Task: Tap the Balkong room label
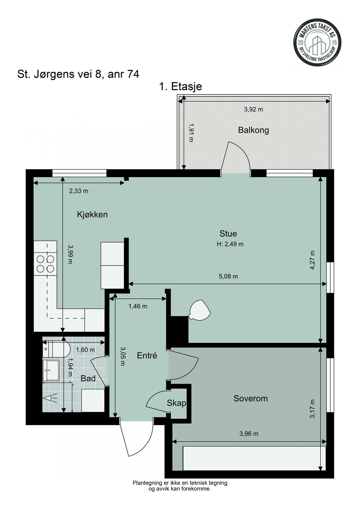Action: [253, 130]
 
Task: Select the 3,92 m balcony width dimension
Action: [253, 109]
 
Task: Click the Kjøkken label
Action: [92, 215]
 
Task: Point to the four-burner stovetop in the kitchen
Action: [45, 264]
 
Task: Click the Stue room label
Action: [228, 234]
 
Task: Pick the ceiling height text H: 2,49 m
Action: [230, 244]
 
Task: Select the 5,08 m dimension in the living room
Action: [228, 277]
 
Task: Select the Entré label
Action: [147, 355]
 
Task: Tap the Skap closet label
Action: [176, 403]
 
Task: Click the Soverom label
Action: [251, 398]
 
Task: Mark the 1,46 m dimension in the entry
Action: [138, 306]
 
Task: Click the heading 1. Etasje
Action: [180, 86]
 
